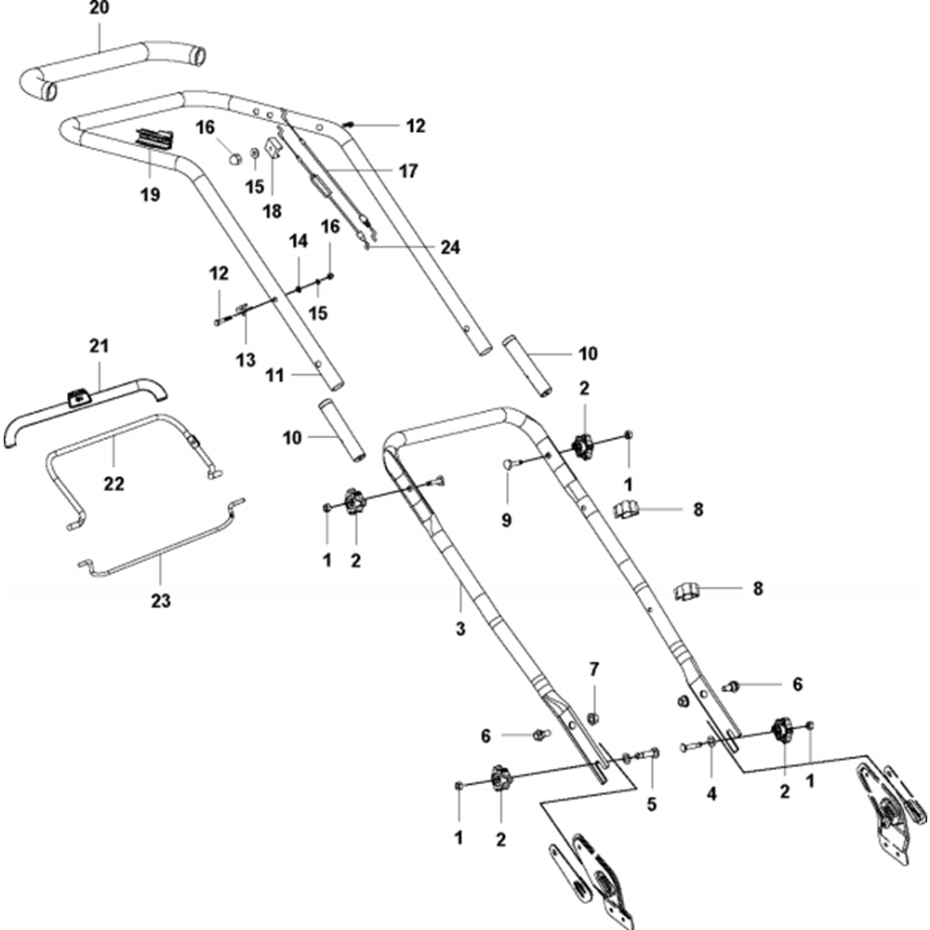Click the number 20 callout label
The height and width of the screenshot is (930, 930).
100,9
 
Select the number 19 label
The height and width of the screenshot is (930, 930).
150,194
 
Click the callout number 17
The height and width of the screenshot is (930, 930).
407,171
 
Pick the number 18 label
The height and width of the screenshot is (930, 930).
272,211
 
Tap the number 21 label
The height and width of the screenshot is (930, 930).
100,346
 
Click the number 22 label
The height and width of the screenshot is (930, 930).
114,484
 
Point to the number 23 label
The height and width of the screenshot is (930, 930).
161,601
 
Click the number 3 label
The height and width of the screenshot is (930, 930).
459,630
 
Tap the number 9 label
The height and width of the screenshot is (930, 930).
507,521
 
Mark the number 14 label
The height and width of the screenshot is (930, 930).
298,241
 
